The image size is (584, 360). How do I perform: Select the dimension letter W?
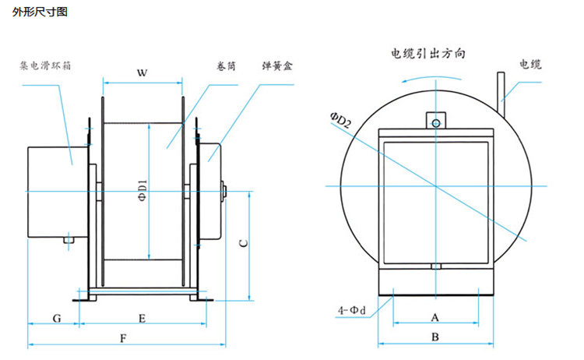(142, 73)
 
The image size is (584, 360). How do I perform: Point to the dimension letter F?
(123, 338)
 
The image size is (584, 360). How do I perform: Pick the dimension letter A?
(435, 317)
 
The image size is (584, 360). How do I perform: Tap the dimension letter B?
(435, 337)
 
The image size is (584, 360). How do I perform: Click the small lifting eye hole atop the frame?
(436, 122)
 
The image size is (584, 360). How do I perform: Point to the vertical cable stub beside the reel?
(501, 97)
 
